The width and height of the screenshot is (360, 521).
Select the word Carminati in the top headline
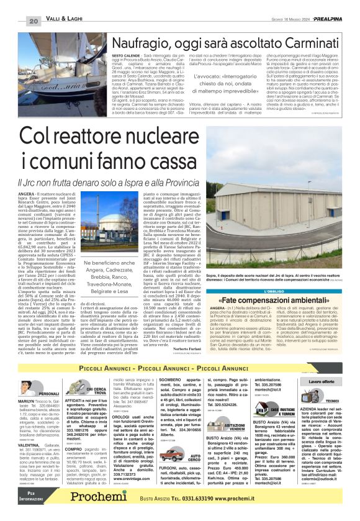point(308,43)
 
